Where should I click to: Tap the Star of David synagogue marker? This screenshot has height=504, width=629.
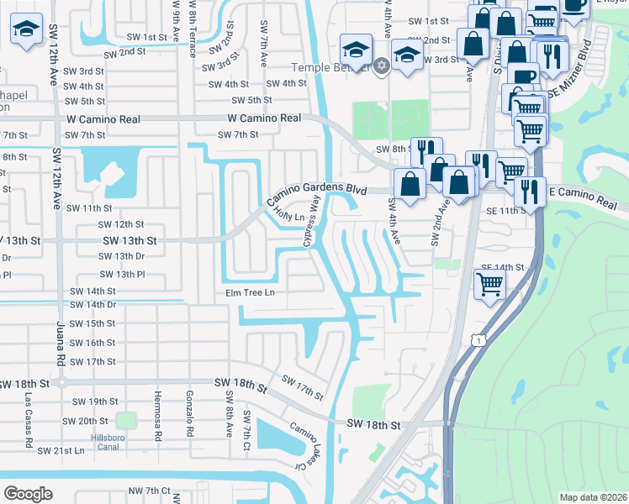[x=382, y=66]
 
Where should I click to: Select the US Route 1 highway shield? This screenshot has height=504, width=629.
[x=477, y=339]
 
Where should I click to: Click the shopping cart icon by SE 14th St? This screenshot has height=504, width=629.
[x=489, y=285]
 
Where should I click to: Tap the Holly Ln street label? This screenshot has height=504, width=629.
[x=289, y=216]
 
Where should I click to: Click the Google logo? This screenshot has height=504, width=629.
[x=28, y=493]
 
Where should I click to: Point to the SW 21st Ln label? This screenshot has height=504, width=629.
[x=61, y=450]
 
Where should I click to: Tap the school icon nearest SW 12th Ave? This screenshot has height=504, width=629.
[x=28, y=29]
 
